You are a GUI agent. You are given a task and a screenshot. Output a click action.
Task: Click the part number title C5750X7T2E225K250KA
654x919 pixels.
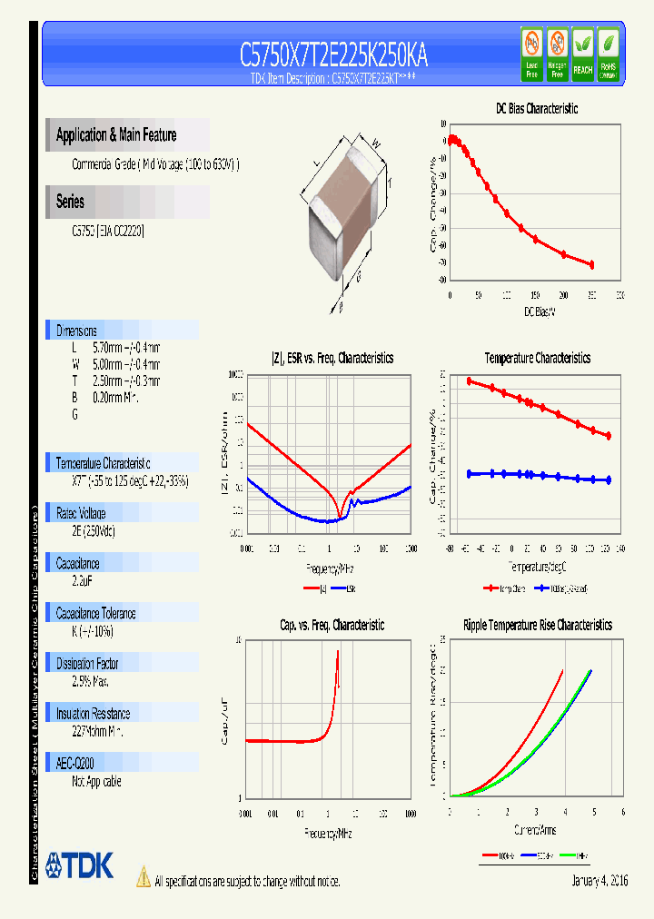coord(333,56)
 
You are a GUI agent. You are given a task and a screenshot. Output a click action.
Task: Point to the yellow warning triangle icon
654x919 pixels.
coord(143,876)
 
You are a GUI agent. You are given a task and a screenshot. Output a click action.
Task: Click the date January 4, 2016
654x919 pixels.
coord(599,881)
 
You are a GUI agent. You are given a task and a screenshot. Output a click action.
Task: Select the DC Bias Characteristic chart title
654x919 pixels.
coord(537,108)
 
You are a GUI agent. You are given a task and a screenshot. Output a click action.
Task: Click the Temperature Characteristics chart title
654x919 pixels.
coord(537,358)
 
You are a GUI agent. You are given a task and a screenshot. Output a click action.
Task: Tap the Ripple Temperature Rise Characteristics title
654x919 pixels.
coord(537,625)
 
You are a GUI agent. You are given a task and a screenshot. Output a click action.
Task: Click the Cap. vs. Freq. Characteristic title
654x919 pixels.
coord(331,625)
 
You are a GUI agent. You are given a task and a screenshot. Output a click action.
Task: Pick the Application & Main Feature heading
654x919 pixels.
coord(116,135)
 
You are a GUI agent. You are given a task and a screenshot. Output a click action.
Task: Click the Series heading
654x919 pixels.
coord(70,202)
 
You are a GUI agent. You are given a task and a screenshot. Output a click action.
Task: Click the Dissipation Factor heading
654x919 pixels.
coord(87,664)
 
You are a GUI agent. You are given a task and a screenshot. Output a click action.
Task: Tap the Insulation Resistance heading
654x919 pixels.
coord(93,714)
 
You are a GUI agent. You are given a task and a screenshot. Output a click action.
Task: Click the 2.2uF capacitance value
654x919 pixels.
coord(84,581)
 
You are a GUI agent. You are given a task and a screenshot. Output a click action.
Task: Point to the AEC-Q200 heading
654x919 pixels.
coord(75,764)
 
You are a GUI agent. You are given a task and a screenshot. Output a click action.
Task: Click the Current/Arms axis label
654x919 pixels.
coord(536,830)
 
